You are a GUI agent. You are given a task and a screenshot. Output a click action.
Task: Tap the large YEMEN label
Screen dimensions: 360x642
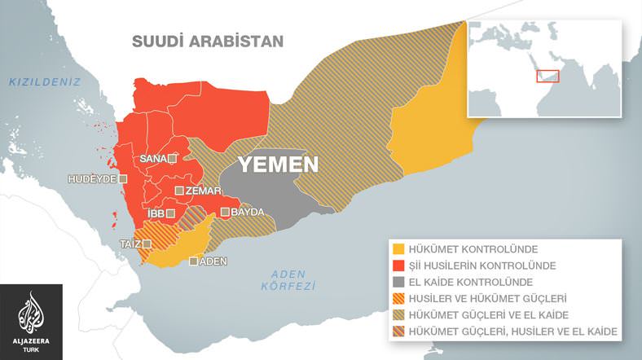pos(277,165)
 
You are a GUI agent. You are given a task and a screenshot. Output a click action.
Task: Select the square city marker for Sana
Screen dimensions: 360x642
pos(172,159)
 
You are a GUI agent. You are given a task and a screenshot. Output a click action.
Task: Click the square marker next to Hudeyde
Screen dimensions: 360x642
pos(123,178)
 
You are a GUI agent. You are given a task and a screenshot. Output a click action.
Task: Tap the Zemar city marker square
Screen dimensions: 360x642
pos(178,191)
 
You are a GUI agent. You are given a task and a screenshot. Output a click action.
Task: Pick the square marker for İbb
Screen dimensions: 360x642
pos(171,213)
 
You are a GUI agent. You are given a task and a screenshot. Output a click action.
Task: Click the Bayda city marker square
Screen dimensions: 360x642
pos(225,213)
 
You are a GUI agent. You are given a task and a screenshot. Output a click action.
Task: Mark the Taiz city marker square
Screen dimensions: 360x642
pos(147,244)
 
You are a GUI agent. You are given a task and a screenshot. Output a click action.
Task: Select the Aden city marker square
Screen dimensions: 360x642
pos(194,261)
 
